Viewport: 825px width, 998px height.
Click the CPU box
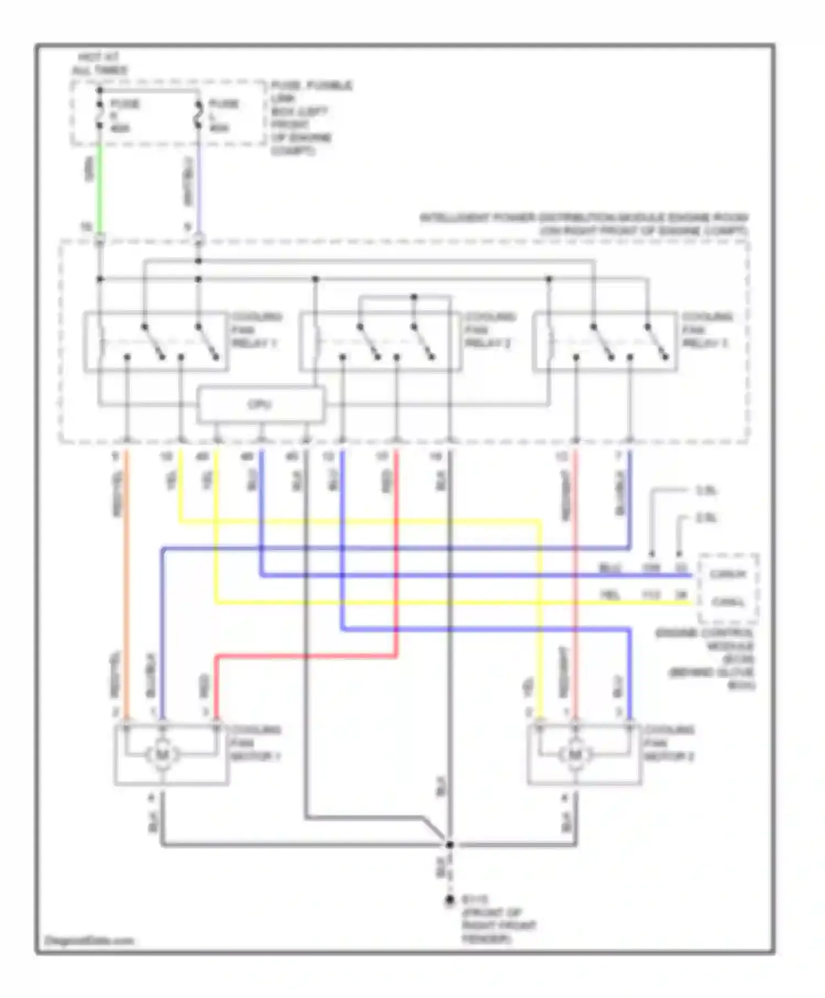[260, 405]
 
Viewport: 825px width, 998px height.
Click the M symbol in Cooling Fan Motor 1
[162, 755]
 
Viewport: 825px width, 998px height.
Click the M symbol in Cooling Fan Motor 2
[575, 755]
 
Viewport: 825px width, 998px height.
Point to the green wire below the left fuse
[100, 187]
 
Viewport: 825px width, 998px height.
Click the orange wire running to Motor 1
[127, 578]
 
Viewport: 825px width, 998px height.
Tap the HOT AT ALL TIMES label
[100, 64]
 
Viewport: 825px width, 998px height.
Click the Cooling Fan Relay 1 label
[256, 330]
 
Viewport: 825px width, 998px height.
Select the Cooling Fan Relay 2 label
[490, 330]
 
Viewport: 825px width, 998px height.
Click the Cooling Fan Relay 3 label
[707, 330]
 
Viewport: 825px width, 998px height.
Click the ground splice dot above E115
[449, 845]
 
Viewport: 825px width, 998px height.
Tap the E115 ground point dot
[449, 901]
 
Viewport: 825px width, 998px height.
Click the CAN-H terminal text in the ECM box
[728, 574]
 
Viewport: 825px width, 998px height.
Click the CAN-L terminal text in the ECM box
[728, 602]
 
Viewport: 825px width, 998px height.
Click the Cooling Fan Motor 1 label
[256, 743]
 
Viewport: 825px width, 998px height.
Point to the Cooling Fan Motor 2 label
[669, 743]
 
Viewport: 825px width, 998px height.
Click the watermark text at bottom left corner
[89, 940]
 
